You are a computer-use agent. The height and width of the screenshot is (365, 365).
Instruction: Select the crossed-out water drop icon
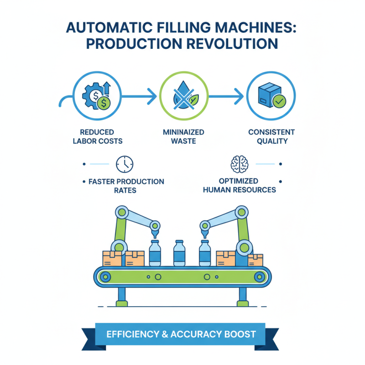coord(184,97)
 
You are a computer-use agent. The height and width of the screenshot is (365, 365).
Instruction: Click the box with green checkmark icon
coord(271,96)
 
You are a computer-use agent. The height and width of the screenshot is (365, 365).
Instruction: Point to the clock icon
coord(125,163)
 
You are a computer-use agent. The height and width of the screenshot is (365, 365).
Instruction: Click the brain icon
coord(240,163)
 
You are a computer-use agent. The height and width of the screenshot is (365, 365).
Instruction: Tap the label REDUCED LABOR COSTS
coord(98,136)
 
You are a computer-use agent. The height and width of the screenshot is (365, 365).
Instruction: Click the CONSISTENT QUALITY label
coord(271,136)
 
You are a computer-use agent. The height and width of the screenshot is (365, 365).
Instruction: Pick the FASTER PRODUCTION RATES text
coord(125,186)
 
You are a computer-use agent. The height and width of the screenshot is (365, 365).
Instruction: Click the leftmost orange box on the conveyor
coord(112,258)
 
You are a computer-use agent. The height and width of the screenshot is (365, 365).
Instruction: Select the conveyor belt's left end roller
coord(106,276)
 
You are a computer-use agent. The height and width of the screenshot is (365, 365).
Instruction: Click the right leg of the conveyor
coord(242,297)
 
